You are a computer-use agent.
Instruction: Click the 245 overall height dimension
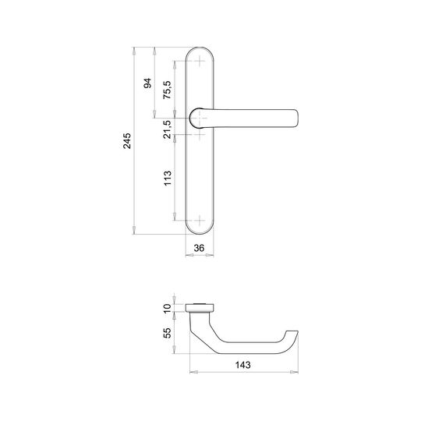[x=127, y=140]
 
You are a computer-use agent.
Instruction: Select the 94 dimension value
[x=147, y=83]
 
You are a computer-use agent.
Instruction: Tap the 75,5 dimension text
[x=167, y=90]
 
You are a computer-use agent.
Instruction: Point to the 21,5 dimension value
[x=167, y=129]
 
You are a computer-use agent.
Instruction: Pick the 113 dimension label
[x=168, y=178]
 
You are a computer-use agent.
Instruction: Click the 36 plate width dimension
[x=199, y=248]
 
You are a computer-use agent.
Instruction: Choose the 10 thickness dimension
[x=167, y=309]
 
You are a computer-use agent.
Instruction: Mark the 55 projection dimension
[x=167, y=333]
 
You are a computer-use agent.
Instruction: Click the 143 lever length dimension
[x=243, y=365]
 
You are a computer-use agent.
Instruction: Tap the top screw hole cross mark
[x=200, y=61]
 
